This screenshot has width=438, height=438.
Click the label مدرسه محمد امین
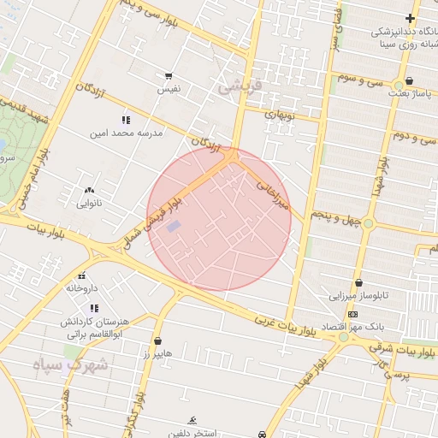126,134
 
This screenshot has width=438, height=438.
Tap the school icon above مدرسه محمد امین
127,120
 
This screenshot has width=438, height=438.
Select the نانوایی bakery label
89,204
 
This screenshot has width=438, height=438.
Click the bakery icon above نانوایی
89,190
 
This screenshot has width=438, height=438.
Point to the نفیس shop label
169,89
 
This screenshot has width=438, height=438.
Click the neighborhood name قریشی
237,86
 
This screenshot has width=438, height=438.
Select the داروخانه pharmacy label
82,288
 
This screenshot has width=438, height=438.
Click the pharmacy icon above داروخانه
82,275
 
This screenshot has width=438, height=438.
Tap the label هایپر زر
157,353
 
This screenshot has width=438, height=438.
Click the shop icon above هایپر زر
157,340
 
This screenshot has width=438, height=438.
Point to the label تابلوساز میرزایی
359,295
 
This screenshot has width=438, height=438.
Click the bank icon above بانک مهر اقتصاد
352,314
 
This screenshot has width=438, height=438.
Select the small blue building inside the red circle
174,227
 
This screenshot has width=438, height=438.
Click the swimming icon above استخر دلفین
192,419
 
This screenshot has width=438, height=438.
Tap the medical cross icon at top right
411,18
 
